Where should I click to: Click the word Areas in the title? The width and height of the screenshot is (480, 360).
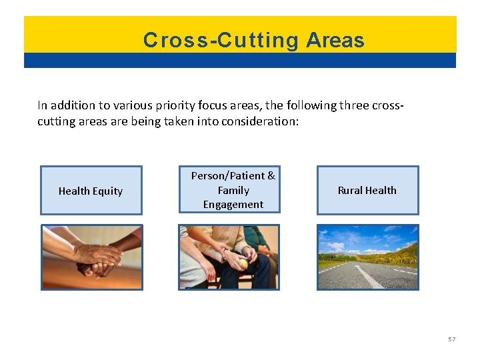pyautogui.click(x=335, y=41)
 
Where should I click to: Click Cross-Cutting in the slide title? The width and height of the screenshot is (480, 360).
pyautogui.click(x=221, y=41)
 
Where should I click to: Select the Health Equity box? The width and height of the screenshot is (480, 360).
pyautogui.click(x=91, y=191)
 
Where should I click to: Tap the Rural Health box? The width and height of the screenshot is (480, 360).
pyautogui.click(x=367, y=191)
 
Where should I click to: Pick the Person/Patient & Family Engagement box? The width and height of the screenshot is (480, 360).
pyautogui.click(x=229, y=189)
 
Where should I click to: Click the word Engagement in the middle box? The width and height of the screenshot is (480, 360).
pyautogui.click(x=233, y=205)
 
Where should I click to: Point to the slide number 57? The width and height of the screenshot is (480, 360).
pyautogui.click(x=451, y=339)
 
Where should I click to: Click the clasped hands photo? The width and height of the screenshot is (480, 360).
pyautogui.click(x=92, y=257)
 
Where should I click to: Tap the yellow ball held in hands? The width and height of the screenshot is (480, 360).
pyautogui.click(x=244, y=263)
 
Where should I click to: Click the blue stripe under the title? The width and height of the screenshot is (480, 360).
pyautogui.click(x=240, y=61)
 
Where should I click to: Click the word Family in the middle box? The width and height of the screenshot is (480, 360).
pyautogui.click(x=233, y=190)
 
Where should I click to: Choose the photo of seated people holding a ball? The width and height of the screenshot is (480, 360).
pyautogui.click(x=229, y=257)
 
